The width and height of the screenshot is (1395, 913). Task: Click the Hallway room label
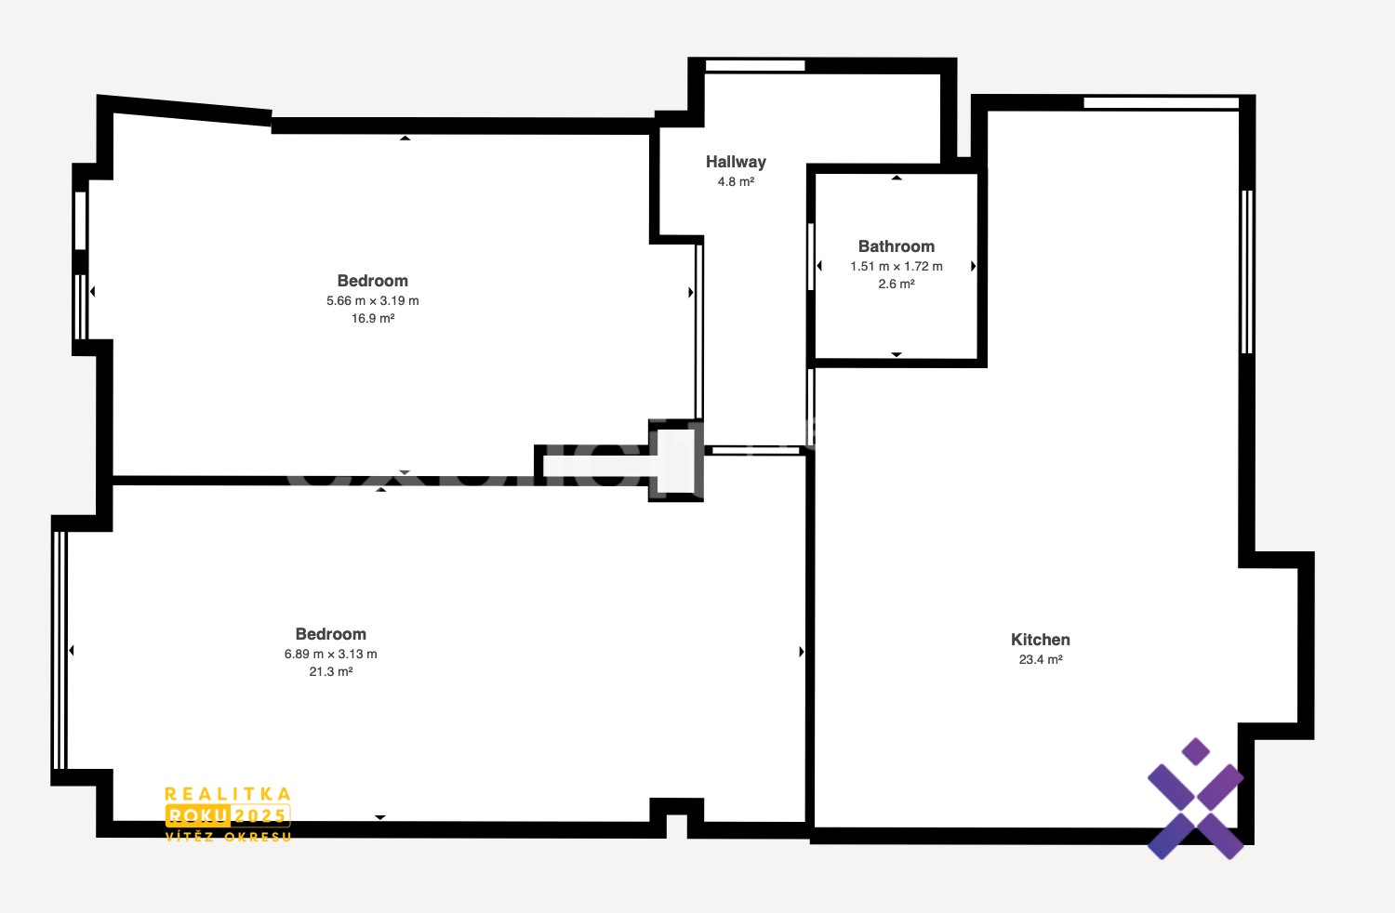736,162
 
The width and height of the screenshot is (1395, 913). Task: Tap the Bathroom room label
897,246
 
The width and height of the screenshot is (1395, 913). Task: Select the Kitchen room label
1040,640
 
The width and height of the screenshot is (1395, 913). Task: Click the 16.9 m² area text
373,318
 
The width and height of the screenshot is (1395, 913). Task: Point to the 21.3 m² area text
331,671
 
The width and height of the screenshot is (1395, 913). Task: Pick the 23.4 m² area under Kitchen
1041,659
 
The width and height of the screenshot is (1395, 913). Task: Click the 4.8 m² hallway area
736,181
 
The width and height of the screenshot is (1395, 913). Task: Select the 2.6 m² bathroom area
897,284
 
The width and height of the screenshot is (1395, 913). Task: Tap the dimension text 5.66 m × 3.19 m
373,300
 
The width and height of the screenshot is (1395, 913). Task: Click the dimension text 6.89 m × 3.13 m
331,654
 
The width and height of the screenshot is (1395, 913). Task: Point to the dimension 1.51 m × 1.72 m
897,266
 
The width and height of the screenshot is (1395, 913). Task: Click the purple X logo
1195,799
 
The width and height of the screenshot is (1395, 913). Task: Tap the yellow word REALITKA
228,794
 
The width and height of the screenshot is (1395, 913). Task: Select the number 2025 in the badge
260,815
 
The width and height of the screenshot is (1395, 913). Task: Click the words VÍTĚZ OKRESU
228,837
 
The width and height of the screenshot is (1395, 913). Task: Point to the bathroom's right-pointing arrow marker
973,266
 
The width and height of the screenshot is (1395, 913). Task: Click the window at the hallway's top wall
755,65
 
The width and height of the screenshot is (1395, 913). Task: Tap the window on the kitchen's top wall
1162,102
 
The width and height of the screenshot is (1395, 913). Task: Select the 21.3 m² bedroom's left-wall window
60,650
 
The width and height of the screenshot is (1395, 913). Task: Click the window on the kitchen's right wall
1247,271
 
